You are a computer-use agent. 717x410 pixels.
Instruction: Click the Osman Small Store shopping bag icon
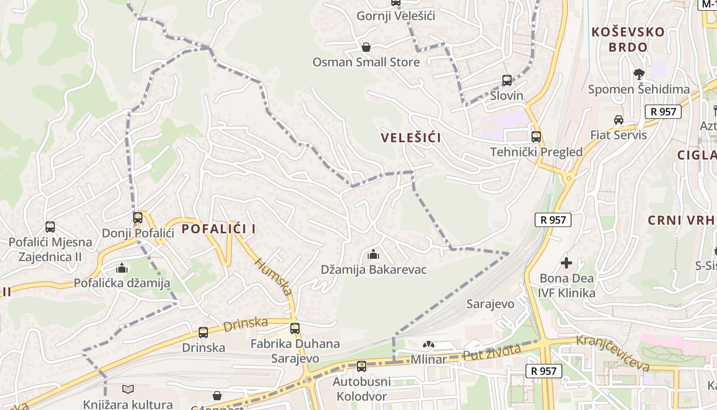click(366, 48)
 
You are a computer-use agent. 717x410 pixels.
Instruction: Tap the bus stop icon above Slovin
click(507, 80)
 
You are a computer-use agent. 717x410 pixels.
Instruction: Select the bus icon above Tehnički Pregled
click(536, 137)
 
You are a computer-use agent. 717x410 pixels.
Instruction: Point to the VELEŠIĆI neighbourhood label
click(411, 137)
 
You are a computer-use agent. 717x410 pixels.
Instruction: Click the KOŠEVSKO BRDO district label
click(627, 39)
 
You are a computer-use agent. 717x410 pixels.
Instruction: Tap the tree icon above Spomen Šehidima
click(639, 74)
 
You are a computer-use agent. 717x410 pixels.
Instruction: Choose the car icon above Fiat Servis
click(618, 120)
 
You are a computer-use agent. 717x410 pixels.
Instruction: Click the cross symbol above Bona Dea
click(566, 263)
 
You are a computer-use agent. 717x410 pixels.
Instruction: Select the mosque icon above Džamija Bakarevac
click(373, 254)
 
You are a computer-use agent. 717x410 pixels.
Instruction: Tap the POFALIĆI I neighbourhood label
click(219, 229)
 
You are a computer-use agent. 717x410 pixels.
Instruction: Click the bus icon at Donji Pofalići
click(137, 218)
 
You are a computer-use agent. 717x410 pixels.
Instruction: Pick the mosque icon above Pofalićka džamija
click(122, 268)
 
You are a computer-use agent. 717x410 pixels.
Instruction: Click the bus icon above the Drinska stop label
click(203, 333)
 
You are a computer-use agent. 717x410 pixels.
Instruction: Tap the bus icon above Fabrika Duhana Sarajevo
click(294, 329)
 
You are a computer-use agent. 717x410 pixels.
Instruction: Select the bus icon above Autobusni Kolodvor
click(362, 366)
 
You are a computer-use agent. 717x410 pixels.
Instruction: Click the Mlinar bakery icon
click(428, 345)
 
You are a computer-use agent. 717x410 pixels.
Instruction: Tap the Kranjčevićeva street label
click(613, 353)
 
